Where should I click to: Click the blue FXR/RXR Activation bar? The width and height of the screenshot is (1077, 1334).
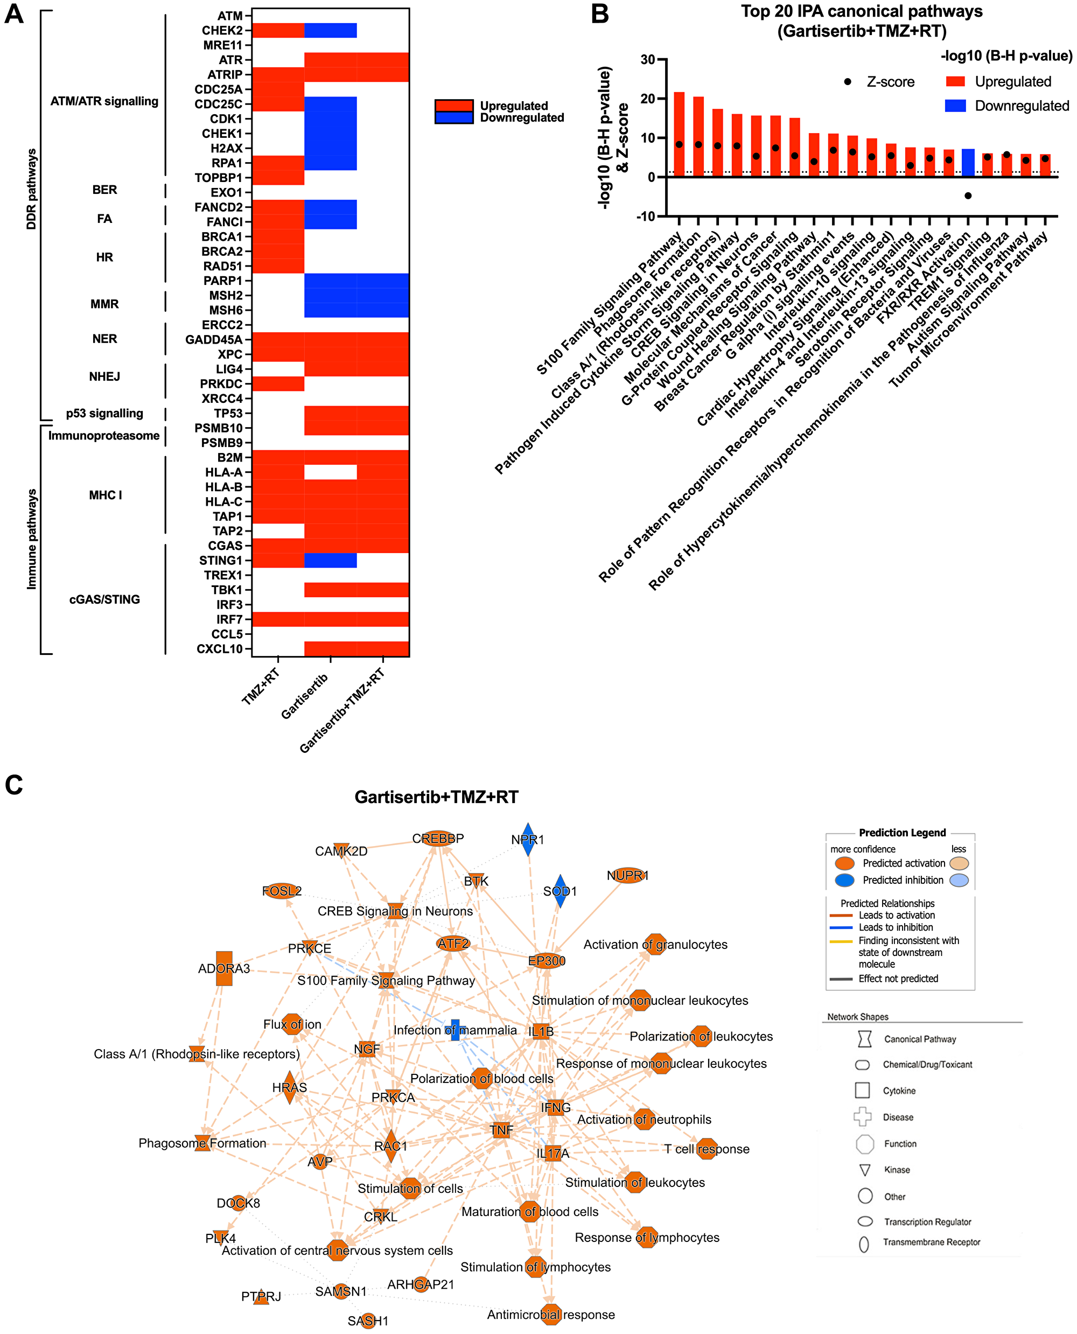(x=968, y=163)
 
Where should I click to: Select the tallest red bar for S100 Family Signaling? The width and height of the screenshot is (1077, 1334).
(x=680, y=134)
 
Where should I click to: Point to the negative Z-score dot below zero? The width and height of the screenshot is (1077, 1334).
(x=968, y=196)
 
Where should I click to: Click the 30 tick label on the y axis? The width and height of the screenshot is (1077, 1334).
(x=648, y=60)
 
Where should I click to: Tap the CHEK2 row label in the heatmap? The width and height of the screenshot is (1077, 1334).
(x=221, y=30)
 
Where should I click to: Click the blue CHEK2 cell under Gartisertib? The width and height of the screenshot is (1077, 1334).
(x=330, y=30)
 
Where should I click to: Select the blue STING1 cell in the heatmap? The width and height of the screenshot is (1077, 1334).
(x=330, y=560)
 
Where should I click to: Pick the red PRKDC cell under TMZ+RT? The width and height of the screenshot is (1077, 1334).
(x=278, y=383)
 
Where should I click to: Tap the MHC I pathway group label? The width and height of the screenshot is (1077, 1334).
(x=106, y=495)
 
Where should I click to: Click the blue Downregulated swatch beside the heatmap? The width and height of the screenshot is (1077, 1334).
(x=453, y=118)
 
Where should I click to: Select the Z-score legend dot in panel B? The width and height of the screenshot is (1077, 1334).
(x=848, y=82)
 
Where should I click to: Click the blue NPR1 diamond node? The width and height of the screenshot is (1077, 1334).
(x=527, y=840)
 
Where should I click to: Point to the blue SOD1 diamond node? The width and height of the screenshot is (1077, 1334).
(x=560, y=891)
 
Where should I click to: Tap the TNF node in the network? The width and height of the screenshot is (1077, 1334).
(x=501, y=1130)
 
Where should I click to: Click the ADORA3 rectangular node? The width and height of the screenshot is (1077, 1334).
(x=224, y=968)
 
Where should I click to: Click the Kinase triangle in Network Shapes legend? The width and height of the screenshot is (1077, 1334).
(x=864, y=1170)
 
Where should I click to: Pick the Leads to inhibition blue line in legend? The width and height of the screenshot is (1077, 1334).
(x=841, y=927)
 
